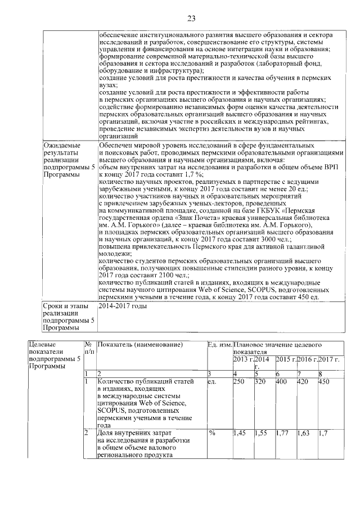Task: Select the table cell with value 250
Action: tap(240, 381)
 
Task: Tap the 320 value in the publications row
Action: tap(260, 381)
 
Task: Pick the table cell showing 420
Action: tap(303, 381)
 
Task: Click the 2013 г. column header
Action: tap(243, 359)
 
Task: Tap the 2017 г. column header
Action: tap(329, 359)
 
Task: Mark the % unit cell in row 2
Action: tap(212, 434)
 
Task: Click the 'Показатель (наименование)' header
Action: tap(140, 344)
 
